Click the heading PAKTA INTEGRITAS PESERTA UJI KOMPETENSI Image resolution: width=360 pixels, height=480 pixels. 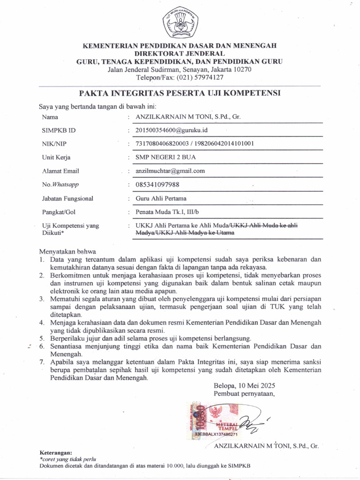pyautogui.click(x=180, y=93)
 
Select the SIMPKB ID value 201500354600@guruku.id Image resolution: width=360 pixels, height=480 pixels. pyautogui.click(x=171, y=130)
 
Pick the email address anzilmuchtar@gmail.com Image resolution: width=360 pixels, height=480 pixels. pyautogui.click(x=170, y=171)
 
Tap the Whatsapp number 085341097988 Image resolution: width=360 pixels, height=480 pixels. pyautogui.click(x=157, y=185)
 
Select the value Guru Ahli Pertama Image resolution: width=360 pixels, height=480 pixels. pyautogui.click(x=161, y=198)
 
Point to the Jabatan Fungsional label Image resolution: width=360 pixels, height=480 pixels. pyautogui.click(x=67, y=198)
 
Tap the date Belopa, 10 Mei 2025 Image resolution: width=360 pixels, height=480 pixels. pyautogui.click(x=244, y=386)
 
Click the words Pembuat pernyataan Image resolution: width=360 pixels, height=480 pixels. pyautogui.click(x=244, y=394)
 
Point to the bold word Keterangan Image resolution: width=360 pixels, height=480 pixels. pyautogui.click(x=56, y=453)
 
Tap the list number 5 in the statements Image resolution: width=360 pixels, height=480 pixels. pyautogui.click(x=42, y=338)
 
